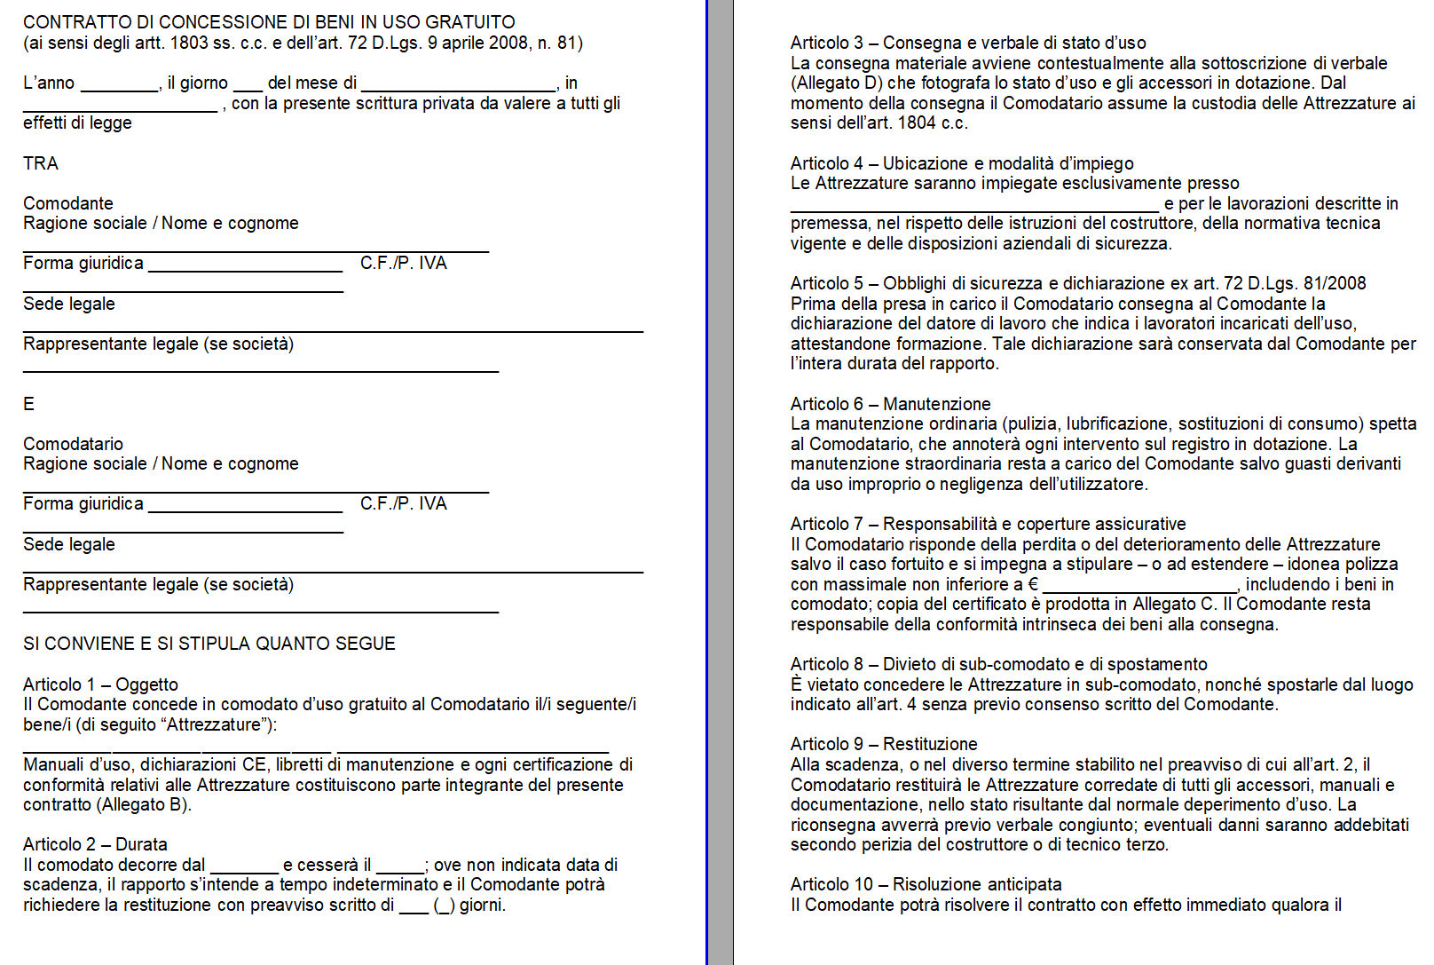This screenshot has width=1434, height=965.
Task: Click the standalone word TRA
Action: [x=41, y=163]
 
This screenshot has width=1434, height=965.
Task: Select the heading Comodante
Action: [x=68, y=203]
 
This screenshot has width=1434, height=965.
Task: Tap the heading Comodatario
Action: [x=73, y=444]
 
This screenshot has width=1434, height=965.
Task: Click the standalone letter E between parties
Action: [x=28, y=404]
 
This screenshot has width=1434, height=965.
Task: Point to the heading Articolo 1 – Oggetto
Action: [x=100, y=684]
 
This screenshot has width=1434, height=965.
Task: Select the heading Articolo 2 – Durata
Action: [x=95, y=844]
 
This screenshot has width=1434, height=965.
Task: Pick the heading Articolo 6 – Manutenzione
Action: [x=890, y=404]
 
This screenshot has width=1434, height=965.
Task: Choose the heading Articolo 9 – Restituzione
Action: [x=884, y=744]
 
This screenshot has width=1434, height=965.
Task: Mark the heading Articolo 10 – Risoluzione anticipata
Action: [x=926, y=884]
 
